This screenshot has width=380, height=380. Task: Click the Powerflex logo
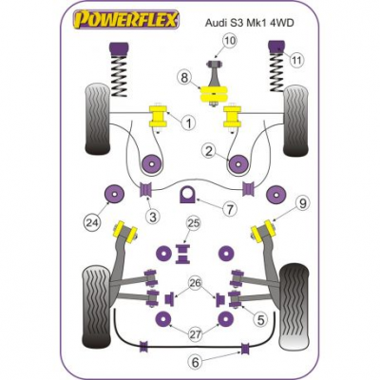pyautogui.click(x=126, y=20)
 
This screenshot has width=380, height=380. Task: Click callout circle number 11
pyautogui.click(x=297, y=60)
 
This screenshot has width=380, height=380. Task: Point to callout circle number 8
pyautogui.click(x=185, y=78)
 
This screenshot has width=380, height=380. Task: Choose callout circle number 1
pyautogui.click(x=188, y=123)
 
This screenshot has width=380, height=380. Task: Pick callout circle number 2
pyautogui.click(x=209, y=152)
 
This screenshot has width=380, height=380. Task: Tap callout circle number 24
pyautogui.click(x=91, y=222)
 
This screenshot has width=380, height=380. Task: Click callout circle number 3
pyautogui.click(x=153, y=217)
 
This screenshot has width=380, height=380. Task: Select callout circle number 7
pyautogui.click(x=230, y=209)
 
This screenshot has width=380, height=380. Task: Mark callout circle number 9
pyautogui.click(x=303, y=203)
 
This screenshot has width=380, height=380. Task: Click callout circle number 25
pyautogui.click(x=194, y=223)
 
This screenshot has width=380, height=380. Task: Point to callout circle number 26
pyautogui.click(x=195, y=282)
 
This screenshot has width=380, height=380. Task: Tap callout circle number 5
pyautogui.click(x=260, y=320)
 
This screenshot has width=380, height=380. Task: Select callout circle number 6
pyautogui.click(x=195, y=360)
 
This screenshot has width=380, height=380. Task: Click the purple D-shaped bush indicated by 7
pyautogui.click(x=187, y=196)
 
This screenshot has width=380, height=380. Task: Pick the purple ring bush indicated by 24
pyautogui.click(x=114, y=194)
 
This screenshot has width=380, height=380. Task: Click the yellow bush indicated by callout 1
pyautogui.click(x=158, y=116)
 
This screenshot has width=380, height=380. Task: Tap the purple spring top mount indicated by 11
pyautogui.click(x=277, y=47)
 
